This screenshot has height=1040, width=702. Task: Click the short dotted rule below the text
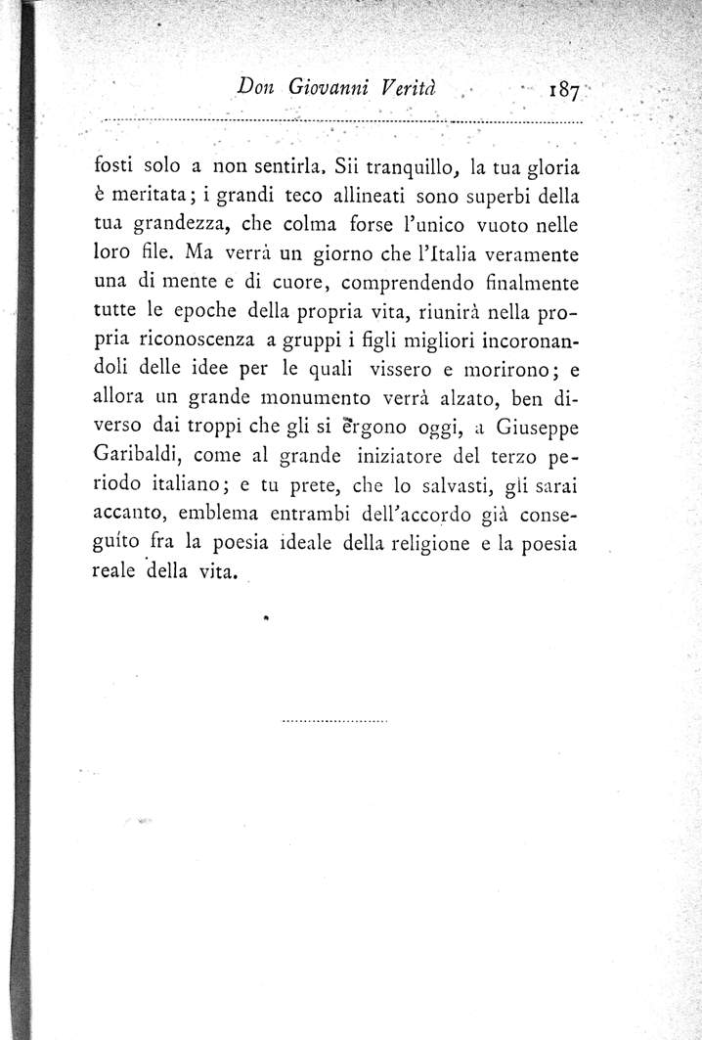(x=335, y=721)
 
